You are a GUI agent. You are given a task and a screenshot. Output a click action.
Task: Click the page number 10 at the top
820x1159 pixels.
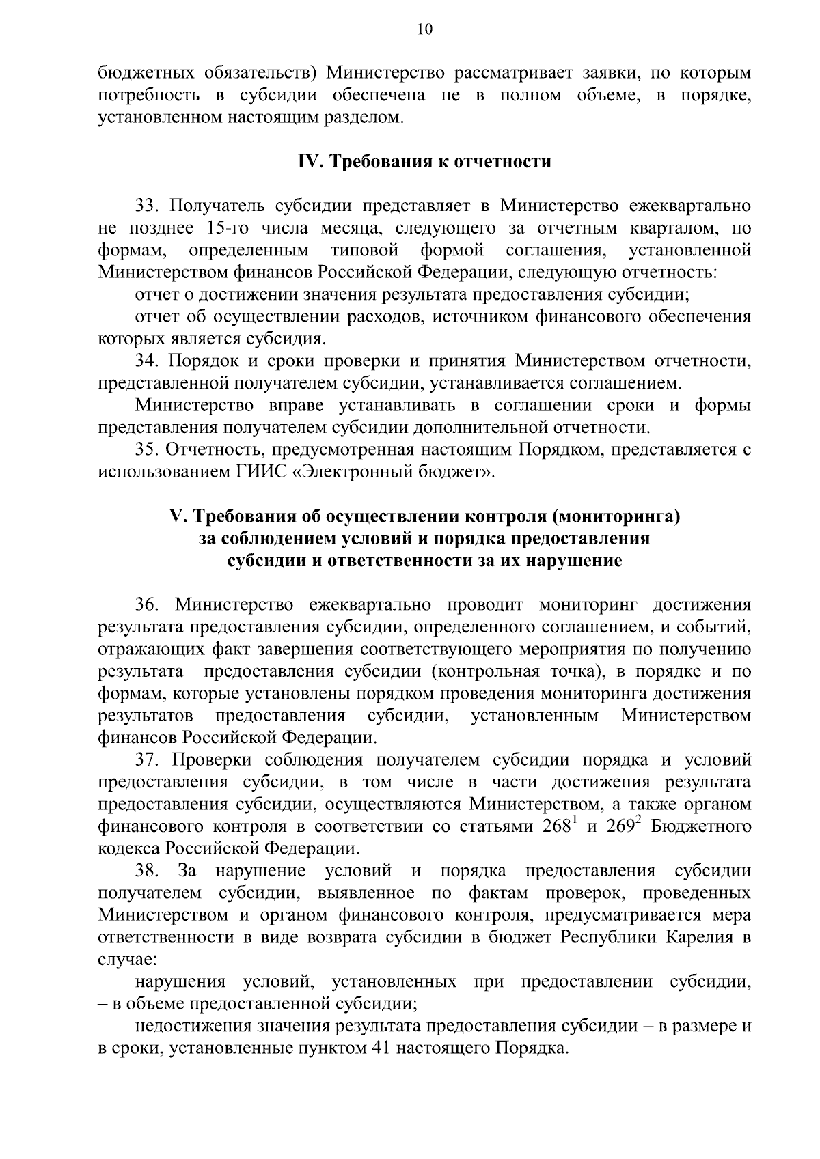[424, 28]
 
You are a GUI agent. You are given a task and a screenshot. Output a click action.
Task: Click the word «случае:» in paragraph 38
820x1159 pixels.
[128, 960]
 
